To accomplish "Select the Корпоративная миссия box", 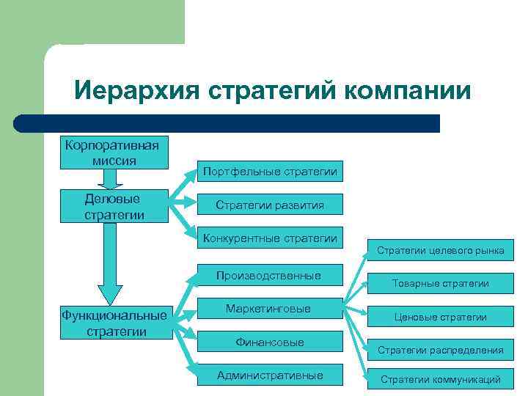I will pyautogui.click(x=114, y=151).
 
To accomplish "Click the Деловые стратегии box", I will pyautogui.click(x=114, y=206).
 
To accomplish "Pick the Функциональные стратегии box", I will pyautogui.click(x=115, y=323).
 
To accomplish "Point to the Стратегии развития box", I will pyautogui.click(x=270, y=205).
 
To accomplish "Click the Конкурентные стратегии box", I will pyautogui.click(x=270, y=238).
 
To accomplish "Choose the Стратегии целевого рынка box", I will pyautogui.click(x=440, y=250).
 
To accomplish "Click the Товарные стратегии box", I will pyautogui.click(x=440, y=283).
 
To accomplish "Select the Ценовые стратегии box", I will pyautogui.click(x=440, y=317).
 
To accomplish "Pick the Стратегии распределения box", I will pyautogui.click(x=440, y=350).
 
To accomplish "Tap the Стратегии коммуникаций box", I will pyautogui.click(x=440, y=379).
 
